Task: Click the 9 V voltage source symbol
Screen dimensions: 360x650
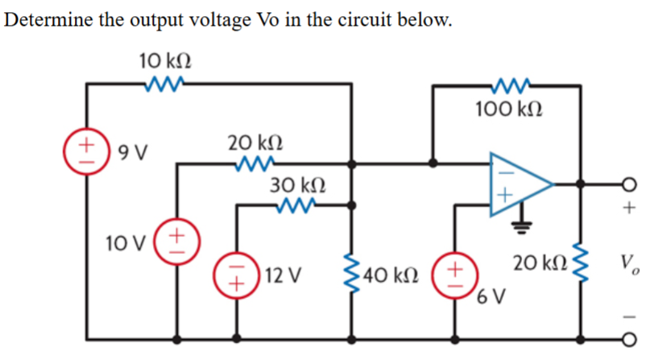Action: click(85, 151)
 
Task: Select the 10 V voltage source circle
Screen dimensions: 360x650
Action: click(177, 241)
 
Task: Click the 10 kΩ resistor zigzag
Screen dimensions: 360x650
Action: click(164, 81)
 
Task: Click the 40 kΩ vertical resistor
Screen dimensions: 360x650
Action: click(351, 275)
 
